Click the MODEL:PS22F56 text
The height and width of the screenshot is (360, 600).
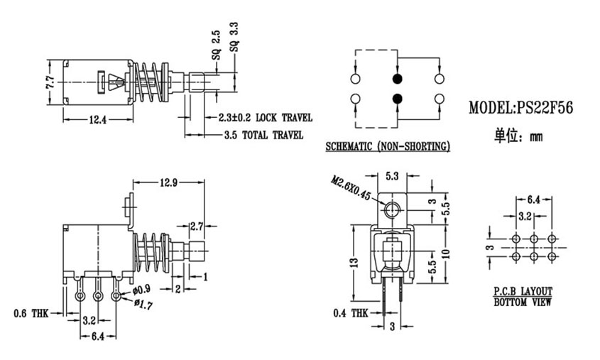click(520, 108)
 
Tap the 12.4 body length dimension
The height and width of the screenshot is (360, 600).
click(97, 120)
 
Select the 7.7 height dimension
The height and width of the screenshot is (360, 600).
click(50, 82)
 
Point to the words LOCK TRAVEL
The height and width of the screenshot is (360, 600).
click(284, 117)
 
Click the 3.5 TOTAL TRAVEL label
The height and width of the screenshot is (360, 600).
click(263, 135)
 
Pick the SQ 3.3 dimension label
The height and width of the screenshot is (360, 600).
click(234, 37)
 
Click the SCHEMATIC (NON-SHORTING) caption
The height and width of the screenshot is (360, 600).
click(388, 146)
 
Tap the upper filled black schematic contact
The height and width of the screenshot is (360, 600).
click(398, 79)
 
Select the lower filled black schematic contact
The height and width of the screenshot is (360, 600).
click(398, 99)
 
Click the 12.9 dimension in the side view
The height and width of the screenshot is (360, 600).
click(168, 183)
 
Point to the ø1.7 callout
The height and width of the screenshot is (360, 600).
click(143, 305)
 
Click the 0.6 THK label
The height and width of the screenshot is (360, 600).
click(31, 314)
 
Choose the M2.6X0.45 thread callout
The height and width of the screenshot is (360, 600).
click(351, 188)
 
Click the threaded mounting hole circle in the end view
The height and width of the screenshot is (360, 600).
click(392, 210)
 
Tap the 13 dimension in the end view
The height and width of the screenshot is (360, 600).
click(355, 263)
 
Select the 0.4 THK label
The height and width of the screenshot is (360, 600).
click(351, 314)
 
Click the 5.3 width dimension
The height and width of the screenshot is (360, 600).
click(392, 176)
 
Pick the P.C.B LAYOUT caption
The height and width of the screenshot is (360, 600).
click(523, 292)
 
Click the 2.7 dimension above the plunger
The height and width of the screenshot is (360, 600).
click(197, 227)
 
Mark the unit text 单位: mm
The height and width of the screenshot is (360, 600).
click(518, 136)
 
